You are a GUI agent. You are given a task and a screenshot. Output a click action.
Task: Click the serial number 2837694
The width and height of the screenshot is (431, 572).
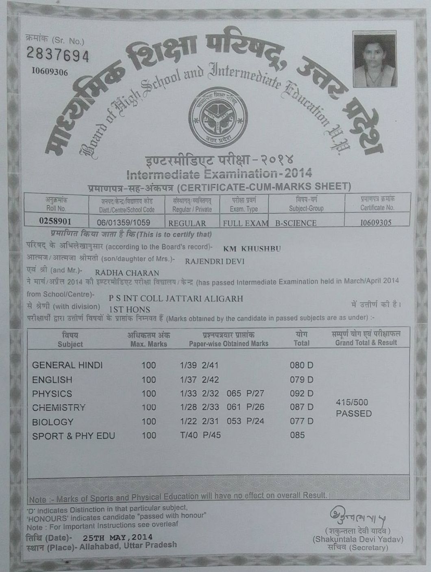(57, 54)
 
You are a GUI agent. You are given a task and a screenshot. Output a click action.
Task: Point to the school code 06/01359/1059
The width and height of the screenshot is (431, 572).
(124, 222)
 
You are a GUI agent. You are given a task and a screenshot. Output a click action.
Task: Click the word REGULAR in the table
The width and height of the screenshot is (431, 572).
(187, 223)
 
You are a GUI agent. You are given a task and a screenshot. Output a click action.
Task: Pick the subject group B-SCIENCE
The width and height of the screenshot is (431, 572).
(296, 223)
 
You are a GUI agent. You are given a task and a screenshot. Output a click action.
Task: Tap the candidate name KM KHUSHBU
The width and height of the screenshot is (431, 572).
(252, 249)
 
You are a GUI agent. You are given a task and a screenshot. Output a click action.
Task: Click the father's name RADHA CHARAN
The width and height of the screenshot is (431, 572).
(127, 273)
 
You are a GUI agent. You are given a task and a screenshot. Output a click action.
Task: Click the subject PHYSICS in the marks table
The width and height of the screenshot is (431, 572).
(52, 394)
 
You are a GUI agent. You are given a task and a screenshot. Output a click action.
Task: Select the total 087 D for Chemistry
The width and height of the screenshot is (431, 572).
(302, 407)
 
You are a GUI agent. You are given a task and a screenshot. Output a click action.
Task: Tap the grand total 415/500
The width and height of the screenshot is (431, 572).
(352, 402)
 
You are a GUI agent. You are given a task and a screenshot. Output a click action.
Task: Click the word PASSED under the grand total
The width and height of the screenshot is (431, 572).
(354, 414)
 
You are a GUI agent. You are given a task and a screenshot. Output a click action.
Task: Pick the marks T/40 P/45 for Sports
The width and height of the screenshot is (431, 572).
(200, 435)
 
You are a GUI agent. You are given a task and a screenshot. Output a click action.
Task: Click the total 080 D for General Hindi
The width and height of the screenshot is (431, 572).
(302, 365)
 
